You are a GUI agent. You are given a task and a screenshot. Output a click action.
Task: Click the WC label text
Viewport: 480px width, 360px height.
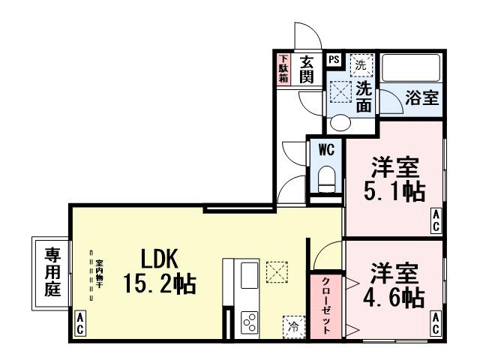[x=326, y=148]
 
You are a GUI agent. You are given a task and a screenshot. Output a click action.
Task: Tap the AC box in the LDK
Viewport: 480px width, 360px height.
[x=79, y=325]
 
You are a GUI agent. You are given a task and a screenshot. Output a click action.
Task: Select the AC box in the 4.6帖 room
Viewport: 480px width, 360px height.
[x=436, y=324]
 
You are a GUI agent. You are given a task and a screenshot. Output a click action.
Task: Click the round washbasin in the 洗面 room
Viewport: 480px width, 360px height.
[x=340, y=124]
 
